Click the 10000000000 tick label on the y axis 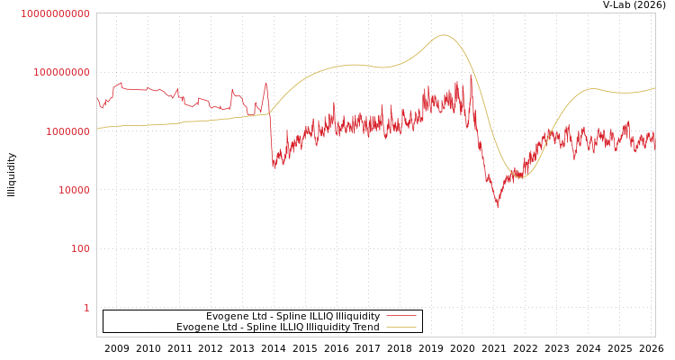pyautogui.click(x=55, y=13)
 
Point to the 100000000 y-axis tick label pyautogui.click(x=59, y=72)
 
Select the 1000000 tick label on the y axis pyautogui.click(x=64, y=131)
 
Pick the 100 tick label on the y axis pyautogui.click(x=80, y=248)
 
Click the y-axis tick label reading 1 pyautogui.click(x=86, y=308)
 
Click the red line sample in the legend pyautogui.click(x=400, y=316)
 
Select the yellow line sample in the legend pyautogui.click(x=400, y=327)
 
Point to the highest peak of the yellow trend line pyautogui.click(x=443, y=35)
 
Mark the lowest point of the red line pyautogui.click(x=497, y=207)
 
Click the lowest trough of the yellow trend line pyautogui.click(x=520, y=177)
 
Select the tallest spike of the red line pyautogui.click(x=470, y=76)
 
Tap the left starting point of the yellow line pyautogui.click(x=97, y=129)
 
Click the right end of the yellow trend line pyautogui.click(x=654, y=88)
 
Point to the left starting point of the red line pyautogui.click(x=97, y=98)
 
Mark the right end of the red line pyautogui.click(x=654, y=142)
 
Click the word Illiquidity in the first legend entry pyautogui.click(x=357, y=316)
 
